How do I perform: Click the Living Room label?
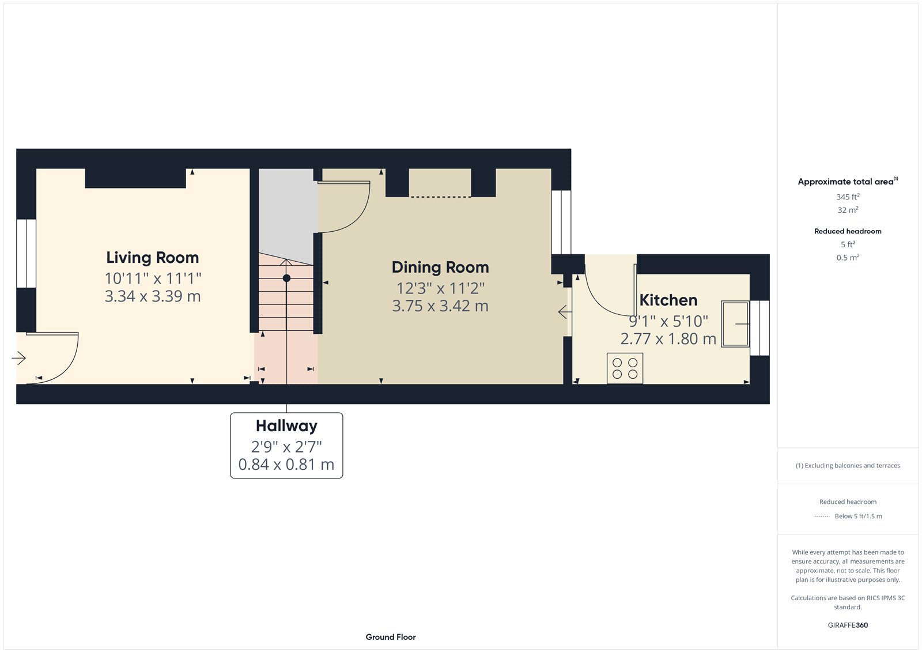pyautogui.click(x=152, y=258)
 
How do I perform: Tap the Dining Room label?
pyautogui.click(x=440, y=267)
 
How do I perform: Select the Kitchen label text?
pyautogui.click(x=668, y=300)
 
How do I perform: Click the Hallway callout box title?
pyautogui.click(x=286, y=426)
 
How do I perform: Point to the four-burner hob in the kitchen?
pyautogui.click(x=625, y=368)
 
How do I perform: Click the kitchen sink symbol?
pyautogui.click(x=735, y=324)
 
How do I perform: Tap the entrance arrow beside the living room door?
pyautogui.click(x=18, y=359)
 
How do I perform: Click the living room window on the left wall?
pyautogui.click(x=26, y=253)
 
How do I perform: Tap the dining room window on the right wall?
pyautogui.click(x=561, y=222)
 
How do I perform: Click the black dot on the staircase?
pyautogui.click(x=286, y=278)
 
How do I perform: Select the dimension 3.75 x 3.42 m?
pyautogui.click(x=440, y=306)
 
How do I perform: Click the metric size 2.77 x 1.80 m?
pyautogui.click(x=668, y=339)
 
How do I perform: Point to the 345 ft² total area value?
pyautogui.click(x=848, y=197)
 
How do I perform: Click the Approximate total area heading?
pyautogui.click(x=845, y=182)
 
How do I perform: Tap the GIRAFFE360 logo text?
pyautogui.click(x=848, y=625)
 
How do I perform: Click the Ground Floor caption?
pyautogui.click(x=390, y=637)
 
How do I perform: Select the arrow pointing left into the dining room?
pyautogui.click(x=565, y=312)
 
